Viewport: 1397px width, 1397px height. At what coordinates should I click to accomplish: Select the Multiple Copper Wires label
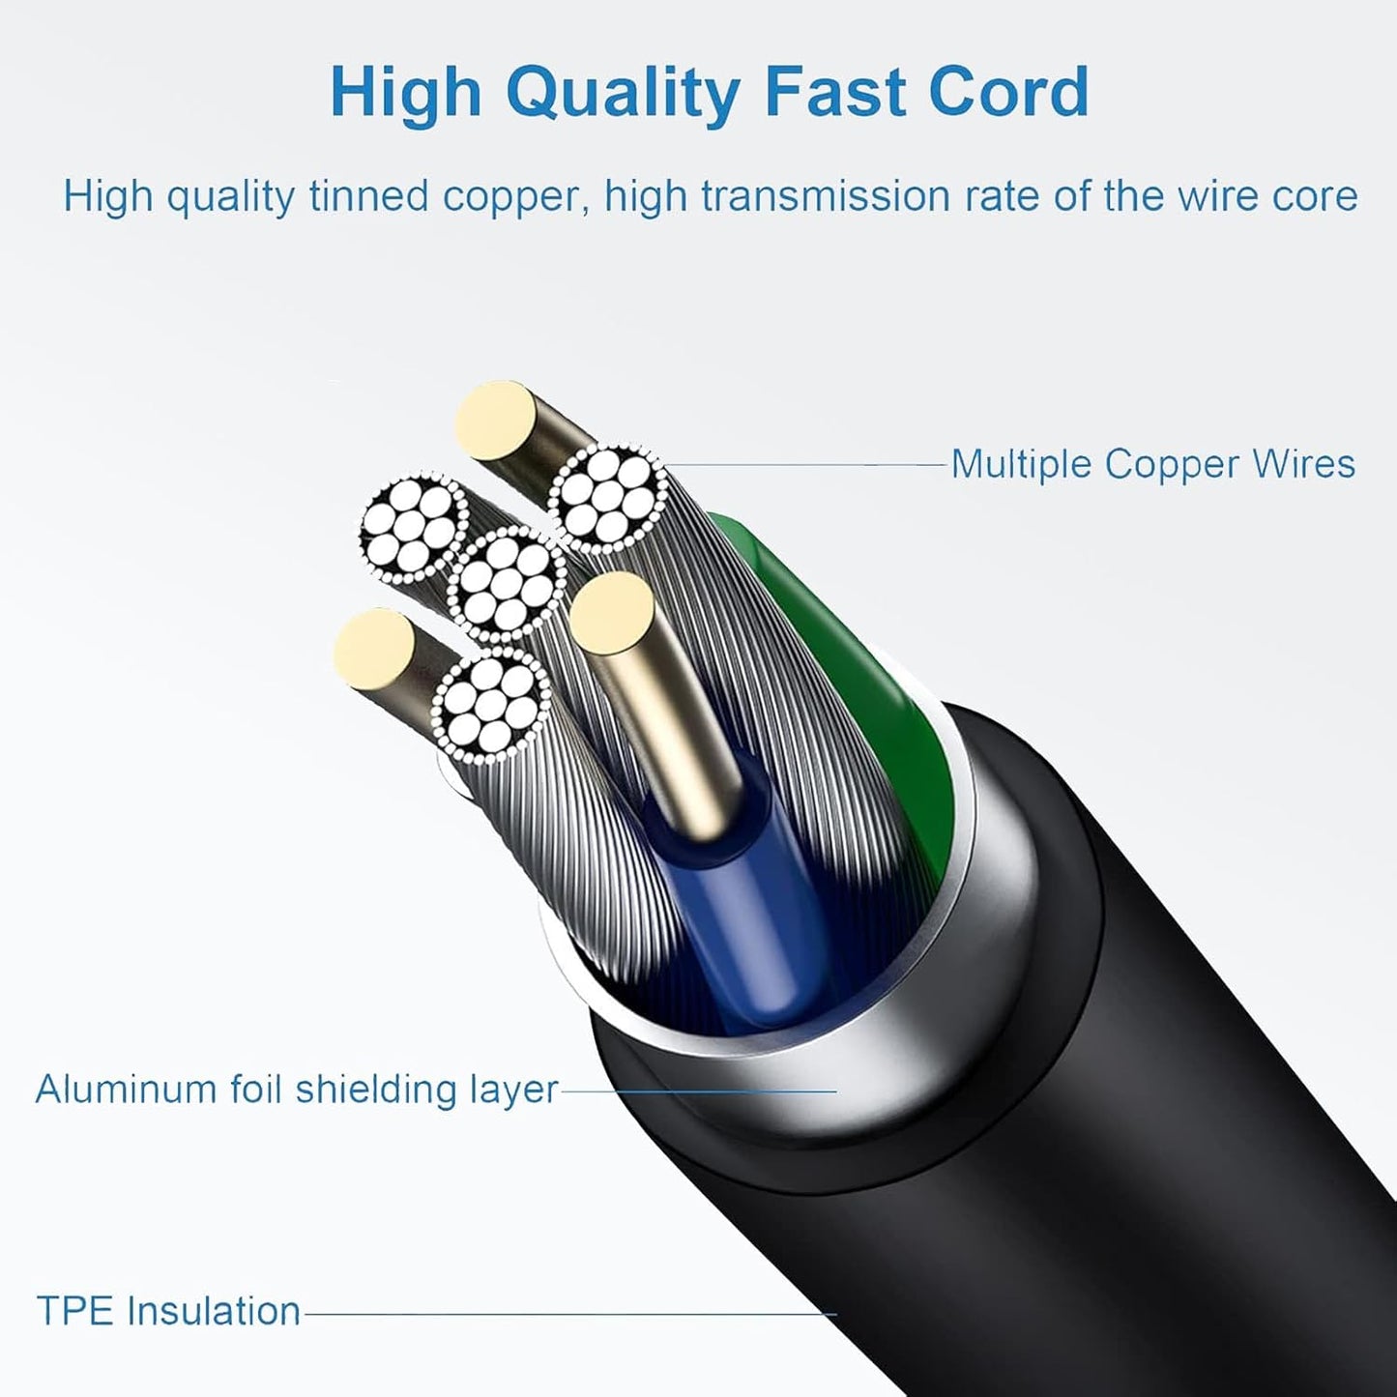(x=1152, y=464)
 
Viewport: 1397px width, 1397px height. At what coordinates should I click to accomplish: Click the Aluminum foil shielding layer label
(x=297, y=1090)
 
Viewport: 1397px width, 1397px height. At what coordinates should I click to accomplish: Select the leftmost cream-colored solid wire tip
(x=374, y=649)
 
